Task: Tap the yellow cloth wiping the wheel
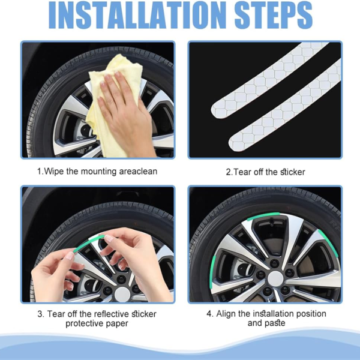coord(114,90)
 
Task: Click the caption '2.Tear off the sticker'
coord(265,172)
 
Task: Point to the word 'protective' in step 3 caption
coord(86,324)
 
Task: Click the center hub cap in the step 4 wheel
coord(275,278)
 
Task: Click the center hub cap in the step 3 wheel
coord(122,293)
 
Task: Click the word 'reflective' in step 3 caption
coord(110,314)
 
